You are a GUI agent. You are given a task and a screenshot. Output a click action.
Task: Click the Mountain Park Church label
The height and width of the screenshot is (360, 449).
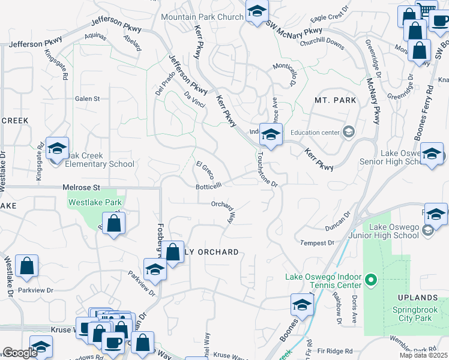(x=202, y=17)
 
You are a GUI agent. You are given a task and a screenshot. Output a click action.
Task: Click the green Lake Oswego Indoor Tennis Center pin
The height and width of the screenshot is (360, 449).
(x=371, y=280)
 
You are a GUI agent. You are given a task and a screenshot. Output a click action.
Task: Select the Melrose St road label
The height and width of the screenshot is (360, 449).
(x=80, y=188)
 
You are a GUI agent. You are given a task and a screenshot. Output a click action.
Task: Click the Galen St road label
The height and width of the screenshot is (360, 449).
(x=86, y=98)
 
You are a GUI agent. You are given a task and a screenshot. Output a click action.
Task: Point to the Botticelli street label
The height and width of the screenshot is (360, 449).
(x=209, y=186)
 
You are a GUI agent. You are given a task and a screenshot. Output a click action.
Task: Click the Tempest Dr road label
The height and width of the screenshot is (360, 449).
(x=318, y=242)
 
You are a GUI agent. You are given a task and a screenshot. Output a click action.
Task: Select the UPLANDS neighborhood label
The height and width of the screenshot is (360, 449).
(x=417, y=298)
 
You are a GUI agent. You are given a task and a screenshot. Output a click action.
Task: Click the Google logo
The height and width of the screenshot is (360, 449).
(x=20, y=353)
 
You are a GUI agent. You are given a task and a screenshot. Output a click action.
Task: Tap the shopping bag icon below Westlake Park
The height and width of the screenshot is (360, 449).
(x=113, y=224)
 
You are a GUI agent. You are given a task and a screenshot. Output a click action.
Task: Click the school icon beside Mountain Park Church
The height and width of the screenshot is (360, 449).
(x=257, y=12)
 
